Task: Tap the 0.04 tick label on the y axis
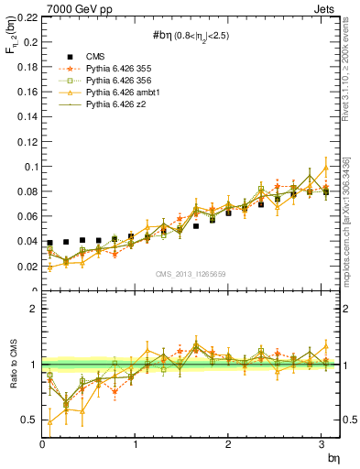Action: (x=27, y=241)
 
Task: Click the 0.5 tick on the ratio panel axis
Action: (x=29, y=420)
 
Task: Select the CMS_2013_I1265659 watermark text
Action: (x=191, y=273)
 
